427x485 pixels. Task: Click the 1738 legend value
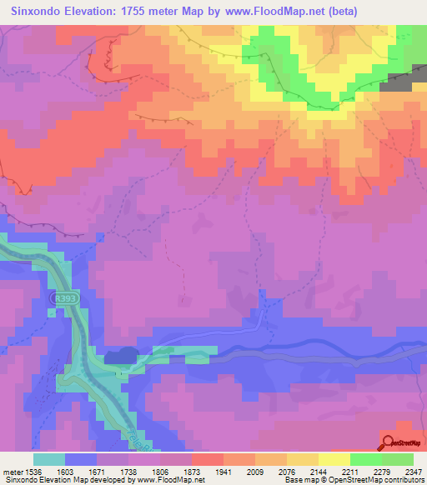[x=138, y=471]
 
